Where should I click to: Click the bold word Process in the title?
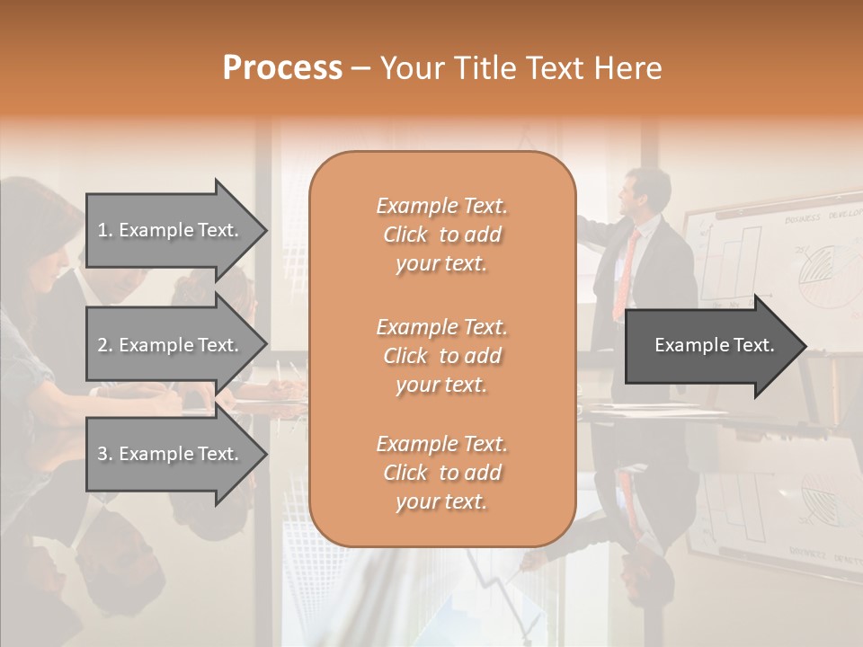[282, 68]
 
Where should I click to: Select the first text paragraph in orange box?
[441, 235]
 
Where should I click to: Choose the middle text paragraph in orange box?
[441, 356]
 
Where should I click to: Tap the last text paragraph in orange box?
[441, 473]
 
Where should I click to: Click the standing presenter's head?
[648, 193]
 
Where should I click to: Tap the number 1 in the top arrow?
[102, 230]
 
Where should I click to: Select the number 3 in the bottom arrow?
[102, 454]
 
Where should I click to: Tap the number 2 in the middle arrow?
[102, 345]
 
